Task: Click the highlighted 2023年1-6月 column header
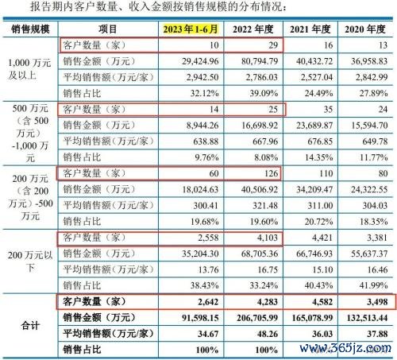pyautogui.click(x=191, y=29)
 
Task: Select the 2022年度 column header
pyautogui.click(x=253, y=29)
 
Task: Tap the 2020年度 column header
pyautogui.click(x=365, y=29)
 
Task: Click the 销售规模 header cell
pyautogui.click(x=30, y=29)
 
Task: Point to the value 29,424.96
pyautogui.click(x=200, y=61)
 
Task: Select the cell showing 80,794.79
pyautogui.click(x=260, y=61)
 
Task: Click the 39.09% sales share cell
pyautogui.click(x=264, y=93)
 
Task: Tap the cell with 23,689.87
pyautogui.click(x=314, y=126)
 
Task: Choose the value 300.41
pyautogui.click(x=206, y=205)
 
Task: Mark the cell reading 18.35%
pyautogui.click(x=373, y=222)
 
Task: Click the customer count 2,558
pyautogui.click(x=208, y=238)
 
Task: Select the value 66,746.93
pyautogui.click(x=314, y=254)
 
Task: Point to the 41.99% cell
pyautogui.click(x=373, y=285)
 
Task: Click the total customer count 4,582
pyautogui.click(x=322, y=302)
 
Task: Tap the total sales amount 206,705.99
pyautogui.click(x=257, y=318)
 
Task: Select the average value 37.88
pyautogui.click(x=377, y=334)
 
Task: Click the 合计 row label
pyautogui.click(x=30, y=326)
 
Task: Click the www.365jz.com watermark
pyautogui.click(x=345, y=348)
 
